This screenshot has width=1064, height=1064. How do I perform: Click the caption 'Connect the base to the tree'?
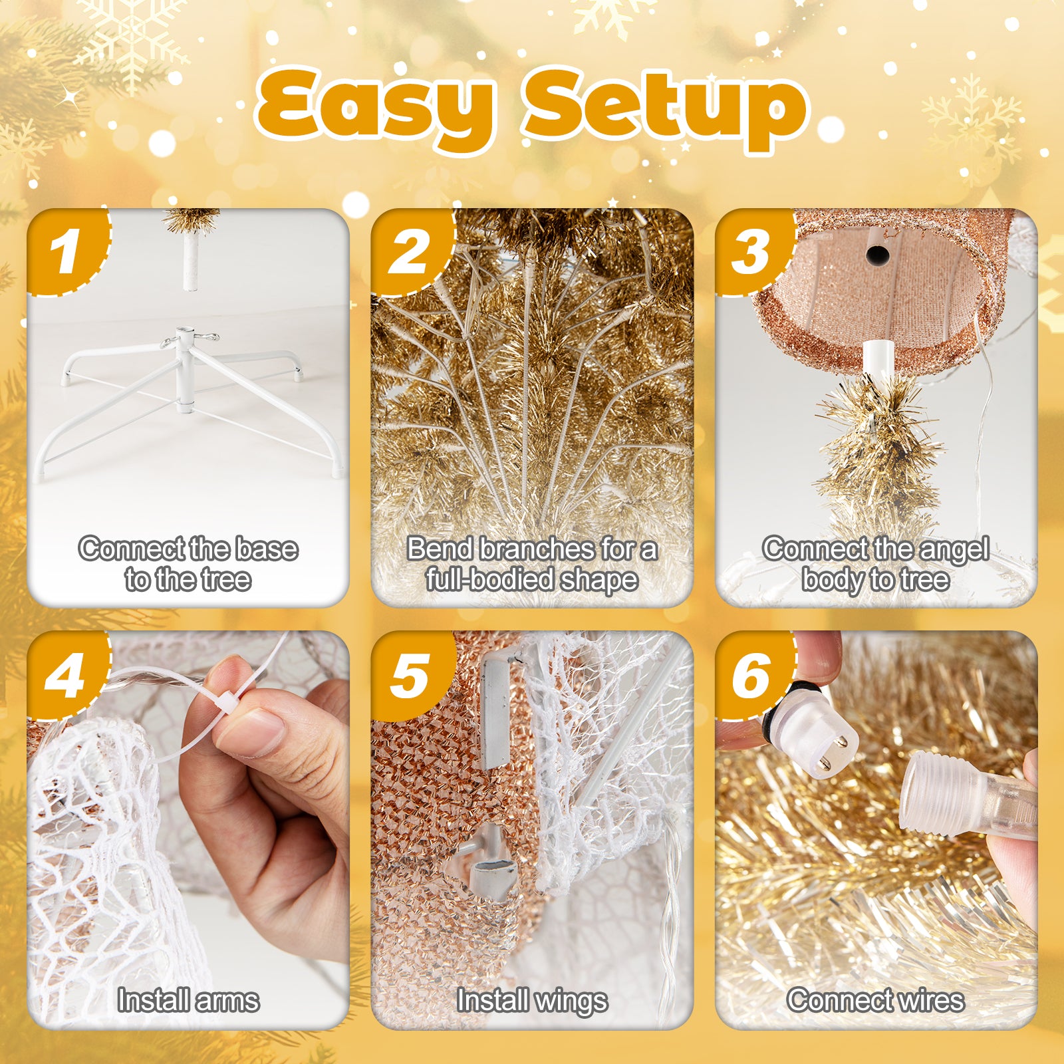tap(188, 564)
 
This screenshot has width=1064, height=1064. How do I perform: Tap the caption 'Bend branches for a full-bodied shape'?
tap(532, 564)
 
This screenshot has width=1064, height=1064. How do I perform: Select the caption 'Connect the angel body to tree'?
tap(876, 564)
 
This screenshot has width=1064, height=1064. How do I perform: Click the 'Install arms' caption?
tap(188, 1000)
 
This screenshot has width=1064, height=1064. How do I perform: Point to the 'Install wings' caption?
tap(532, 1000)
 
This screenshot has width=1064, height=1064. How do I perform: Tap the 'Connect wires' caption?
tap(876, 1000)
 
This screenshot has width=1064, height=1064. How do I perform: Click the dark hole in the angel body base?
tap(878, 255)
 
